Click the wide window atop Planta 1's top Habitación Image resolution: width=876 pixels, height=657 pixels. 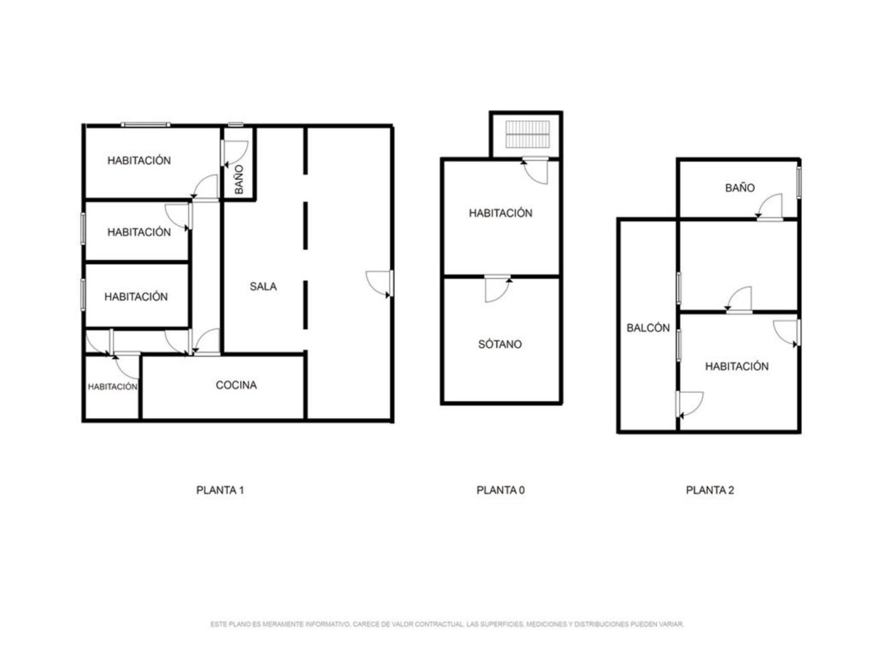[146, 125]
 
